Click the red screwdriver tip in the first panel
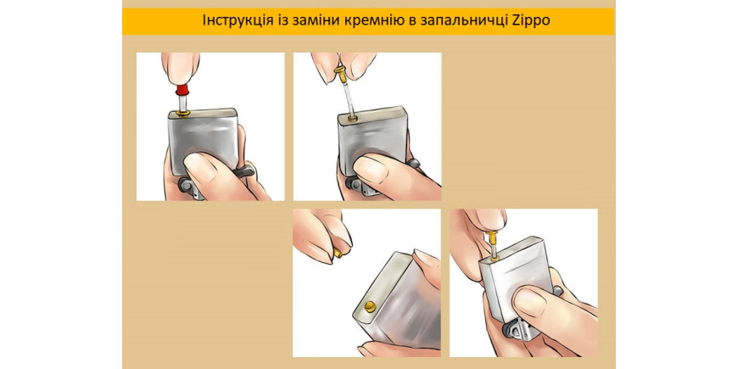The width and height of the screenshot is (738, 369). (x=181, y=89)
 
